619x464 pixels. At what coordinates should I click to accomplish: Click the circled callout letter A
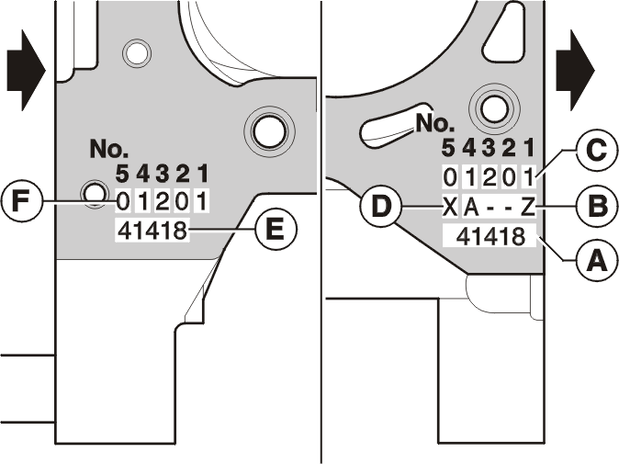[596, 260]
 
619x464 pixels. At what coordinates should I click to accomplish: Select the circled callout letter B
[596, 206]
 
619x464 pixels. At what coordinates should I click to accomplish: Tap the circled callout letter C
[596, 151]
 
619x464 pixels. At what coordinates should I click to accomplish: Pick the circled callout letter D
[380, 206]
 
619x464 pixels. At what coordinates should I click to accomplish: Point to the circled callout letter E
[276, 229]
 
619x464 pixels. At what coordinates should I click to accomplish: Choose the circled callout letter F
[21, 201]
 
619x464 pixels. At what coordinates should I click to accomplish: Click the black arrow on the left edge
[26, 71]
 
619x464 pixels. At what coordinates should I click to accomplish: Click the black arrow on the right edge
[575, 71]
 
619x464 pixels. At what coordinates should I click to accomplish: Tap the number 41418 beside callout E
[152, 231]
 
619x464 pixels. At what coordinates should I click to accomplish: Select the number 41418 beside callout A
[490, 237]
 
